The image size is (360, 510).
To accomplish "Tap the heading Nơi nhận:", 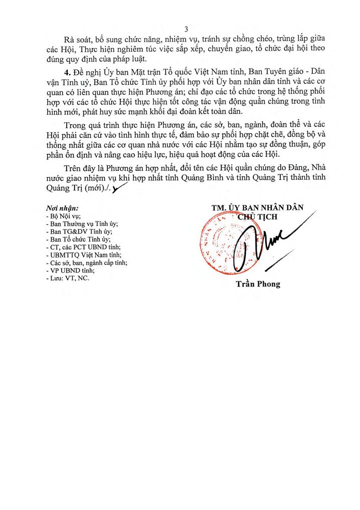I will point(62,208).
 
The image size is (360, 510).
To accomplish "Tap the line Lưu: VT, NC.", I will point(67,278).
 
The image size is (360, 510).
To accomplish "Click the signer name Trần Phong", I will point(258,284).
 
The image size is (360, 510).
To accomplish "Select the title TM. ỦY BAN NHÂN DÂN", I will point(257,208).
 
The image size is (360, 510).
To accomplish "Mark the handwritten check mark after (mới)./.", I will point(119,189).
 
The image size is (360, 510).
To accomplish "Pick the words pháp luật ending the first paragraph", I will point(128,61).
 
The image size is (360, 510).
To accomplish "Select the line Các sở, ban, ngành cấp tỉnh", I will point(86,263).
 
